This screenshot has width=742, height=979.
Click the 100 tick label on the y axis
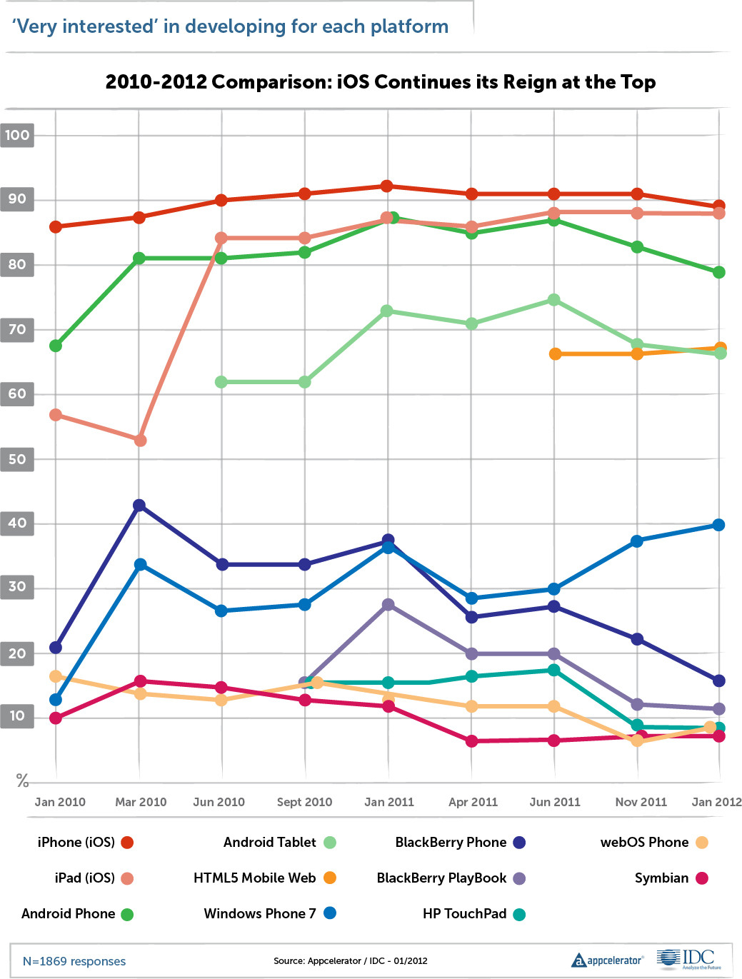(17, 135)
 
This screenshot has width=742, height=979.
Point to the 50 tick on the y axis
(17, 459)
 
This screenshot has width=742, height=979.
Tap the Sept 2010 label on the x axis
(304, 802)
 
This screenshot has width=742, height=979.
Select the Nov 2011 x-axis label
(641, 802)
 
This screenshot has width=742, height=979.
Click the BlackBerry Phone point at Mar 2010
(139, 506)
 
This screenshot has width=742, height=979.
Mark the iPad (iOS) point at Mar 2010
(140, 441)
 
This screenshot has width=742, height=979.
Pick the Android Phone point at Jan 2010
(55, 346)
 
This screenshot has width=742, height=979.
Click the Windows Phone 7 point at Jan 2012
(718, 525)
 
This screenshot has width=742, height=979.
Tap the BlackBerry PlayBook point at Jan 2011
(388, 605)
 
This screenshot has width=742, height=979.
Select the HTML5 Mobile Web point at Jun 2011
(555, 354)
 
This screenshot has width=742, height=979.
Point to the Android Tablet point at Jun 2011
(553, 300)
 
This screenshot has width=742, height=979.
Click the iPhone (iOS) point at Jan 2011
(386, 186)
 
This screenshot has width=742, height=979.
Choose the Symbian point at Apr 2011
(471, 741)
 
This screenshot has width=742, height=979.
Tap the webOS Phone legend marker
(701, 843)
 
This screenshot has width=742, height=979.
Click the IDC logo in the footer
(688, 960)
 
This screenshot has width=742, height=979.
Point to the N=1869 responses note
(74, 961)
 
